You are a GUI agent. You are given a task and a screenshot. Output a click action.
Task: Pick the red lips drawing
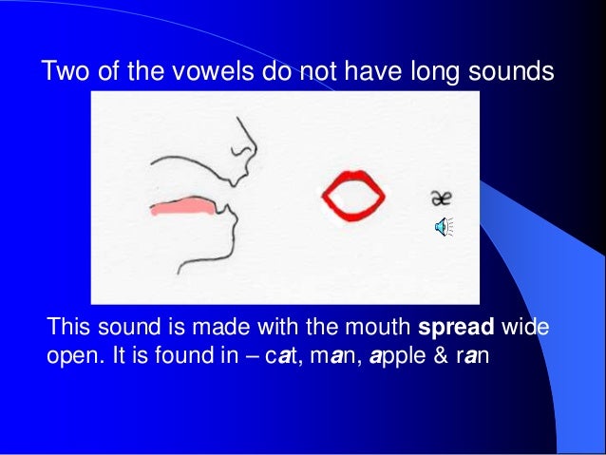352,196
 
